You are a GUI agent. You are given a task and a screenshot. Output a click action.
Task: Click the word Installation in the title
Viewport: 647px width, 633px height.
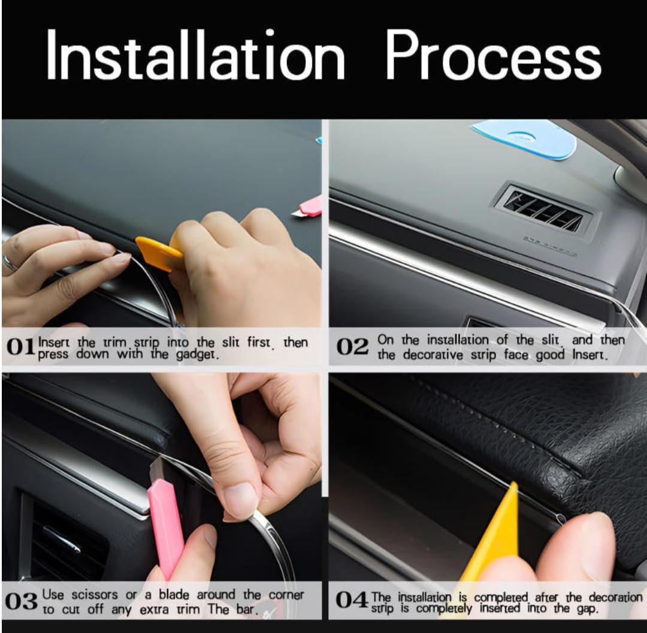coord(195,54)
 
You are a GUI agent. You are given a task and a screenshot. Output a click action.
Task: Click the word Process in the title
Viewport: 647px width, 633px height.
coord(493,54)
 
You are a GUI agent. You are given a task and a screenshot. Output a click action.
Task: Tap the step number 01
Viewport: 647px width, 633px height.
coord(20,347)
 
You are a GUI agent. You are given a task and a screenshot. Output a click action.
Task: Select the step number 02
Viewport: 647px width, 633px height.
coord(352,347)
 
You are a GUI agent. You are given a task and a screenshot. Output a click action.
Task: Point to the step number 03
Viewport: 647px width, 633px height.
coord(21,601)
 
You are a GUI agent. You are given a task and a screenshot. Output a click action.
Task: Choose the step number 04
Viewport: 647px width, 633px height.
coord(352,599)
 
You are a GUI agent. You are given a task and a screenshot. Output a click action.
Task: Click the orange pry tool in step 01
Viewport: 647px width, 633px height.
coord(159,252)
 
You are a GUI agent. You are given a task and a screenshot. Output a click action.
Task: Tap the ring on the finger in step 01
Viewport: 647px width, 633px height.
coord(9,263)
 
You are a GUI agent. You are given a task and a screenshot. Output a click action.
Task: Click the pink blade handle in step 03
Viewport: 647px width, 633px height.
coord(165,528)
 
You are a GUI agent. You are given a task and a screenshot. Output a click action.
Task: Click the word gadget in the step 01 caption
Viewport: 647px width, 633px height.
coord(196,355)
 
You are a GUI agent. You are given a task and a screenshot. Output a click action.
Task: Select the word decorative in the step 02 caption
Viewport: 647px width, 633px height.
coord(433,355)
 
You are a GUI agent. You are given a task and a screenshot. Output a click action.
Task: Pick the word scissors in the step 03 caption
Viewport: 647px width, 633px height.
coord(95,595)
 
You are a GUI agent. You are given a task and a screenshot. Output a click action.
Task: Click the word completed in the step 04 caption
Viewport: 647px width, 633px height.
coord(500,598)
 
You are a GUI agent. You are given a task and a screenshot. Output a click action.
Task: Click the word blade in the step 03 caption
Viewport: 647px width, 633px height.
coord(174,595)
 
